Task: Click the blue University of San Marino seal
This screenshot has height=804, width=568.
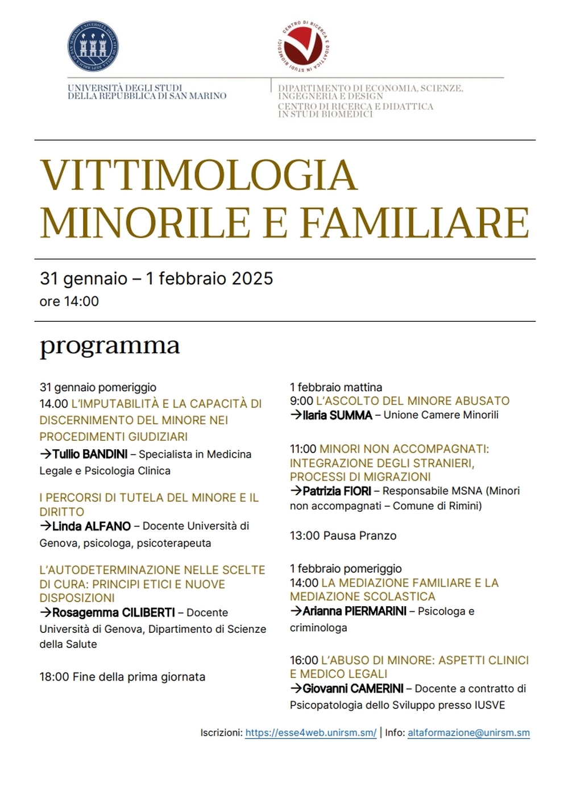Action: click(x=93, y=47)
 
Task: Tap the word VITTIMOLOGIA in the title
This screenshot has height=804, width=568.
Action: click(x=198, y=175)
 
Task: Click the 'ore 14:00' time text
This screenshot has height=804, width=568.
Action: click(x=69, y=301)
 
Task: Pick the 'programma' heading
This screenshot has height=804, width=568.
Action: click(x=110, y=345)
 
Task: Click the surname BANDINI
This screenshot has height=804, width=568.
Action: click(x=105, y=454)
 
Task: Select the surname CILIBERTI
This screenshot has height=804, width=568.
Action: click(x=143, y=612)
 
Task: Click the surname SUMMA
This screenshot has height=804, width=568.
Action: click(x=351, y=415)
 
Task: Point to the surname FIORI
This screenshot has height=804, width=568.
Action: click(x=357, y=491)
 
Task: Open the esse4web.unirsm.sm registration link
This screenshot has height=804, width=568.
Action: click(x=310, y=733)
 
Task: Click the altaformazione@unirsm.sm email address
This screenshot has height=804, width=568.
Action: click(x=469, y=733)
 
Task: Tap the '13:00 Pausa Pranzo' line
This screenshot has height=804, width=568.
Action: click(x=343, y=536)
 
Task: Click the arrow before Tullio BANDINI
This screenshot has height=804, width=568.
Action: click(x=45, y=454)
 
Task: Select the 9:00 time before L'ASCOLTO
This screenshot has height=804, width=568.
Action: click(x=301, y=401)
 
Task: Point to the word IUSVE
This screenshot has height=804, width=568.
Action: click(x=490, y=705)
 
